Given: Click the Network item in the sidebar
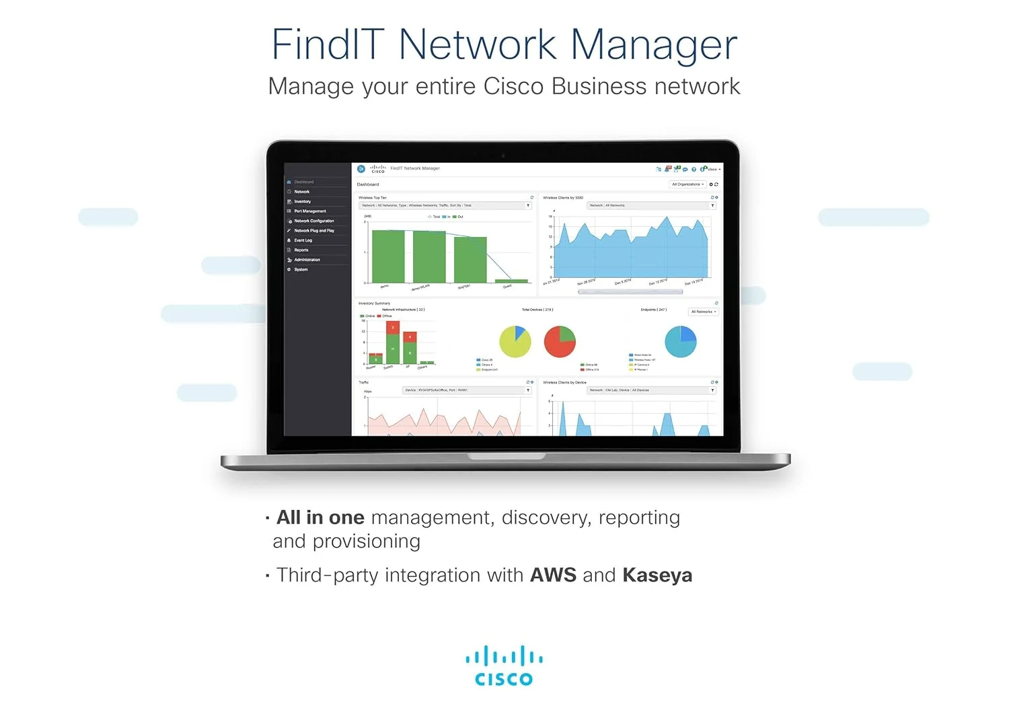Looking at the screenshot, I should pos(302,192).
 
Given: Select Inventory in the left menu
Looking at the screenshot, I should pos(303,201).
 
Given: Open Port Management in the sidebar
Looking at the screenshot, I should pos(310,211).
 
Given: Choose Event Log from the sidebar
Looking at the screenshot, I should pos(303,240).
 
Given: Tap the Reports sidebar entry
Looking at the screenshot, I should pos(301,250).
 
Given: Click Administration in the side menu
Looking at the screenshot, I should pos(307,260).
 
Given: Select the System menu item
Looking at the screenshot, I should pos(301,270).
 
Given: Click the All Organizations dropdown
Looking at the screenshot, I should pos(687,184).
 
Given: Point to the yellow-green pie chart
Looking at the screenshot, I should pos(515,341).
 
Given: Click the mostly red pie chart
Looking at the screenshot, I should pos(560,341).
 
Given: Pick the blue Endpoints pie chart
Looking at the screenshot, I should pos(681,341).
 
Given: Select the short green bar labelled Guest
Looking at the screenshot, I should pos(511,281).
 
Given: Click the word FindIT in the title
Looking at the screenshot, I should pos(328,45).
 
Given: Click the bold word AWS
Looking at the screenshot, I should pos(553,575).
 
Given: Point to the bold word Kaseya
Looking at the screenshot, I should pos(657,575).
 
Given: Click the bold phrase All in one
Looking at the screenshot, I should pos(320,518).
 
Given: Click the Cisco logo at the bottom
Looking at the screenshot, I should pos(504,666).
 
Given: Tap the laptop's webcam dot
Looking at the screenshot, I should pos(503,155).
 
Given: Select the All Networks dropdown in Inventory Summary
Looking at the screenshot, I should pos(704,312).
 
